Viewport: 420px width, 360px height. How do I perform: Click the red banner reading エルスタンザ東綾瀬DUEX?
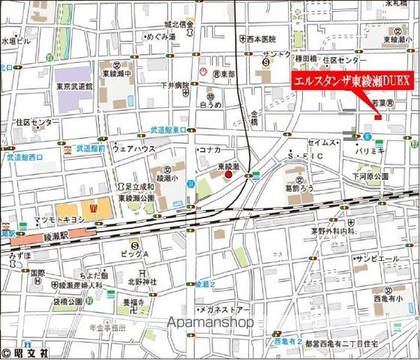click(x=350, y=80)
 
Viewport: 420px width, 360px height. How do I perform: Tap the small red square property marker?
click(x=379, y=116)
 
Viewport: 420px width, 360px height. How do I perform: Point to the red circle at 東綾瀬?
click(x=229, y=175)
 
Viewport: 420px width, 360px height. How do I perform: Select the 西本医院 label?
click(x=262, y=38)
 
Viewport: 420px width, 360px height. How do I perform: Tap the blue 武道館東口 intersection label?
click(x=169, y=130)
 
